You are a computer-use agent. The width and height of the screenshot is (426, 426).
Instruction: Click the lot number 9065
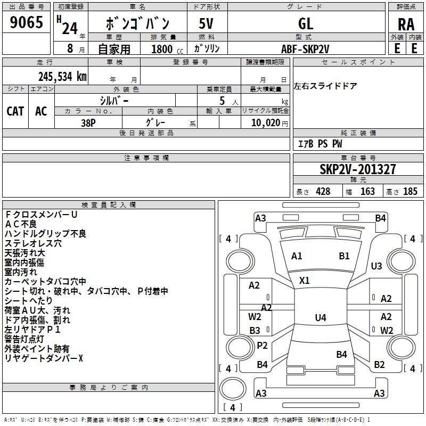(26, 22)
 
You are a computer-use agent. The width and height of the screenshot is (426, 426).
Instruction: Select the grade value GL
(306, 23)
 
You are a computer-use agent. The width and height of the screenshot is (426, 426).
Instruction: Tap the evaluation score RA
(406, 24)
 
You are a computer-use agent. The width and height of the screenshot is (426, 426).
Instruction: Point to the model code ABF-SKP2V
(305, 49)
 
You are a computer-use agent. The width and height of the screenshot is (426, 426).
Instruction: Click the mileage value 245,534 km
(62, 77)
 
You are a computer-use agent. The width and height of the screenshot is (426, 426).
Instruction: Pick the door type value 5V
(206, 23)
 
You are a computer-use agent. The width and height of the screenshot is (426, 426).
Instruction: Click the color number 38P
(88, 123)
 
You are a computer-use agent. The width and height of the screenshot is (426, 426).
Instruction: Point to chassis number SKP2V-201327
(358, 169)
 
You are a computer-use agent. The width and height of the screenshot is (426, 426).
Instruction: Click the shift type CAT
(15, 111)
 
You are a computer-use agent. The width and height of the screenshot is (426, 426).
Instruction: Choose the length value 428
(323, 191)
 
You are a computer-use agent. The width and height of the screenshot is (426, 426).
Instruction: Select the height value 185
(410, 191)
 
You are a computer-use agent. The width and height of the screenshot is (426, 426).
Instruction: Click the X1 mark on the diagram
(304, 281)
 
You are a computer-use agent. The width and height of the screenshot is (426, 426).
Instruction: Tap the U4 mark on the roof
(321, 317)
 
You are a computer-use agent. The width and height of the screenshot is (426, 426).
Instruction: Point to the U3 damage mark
(376, 266)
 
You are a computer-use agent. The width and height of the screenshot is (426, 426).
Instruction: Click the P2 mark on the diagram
(262, 345)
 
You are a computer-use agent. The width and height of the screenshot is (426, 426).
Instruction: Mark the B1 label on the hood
(344, 256)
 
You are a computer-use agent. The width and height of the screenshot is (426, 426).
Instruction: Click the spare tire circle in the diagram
(233, 389)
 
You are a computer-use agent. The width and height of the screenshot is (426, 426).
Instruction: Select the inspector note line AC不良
(21, 224)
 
